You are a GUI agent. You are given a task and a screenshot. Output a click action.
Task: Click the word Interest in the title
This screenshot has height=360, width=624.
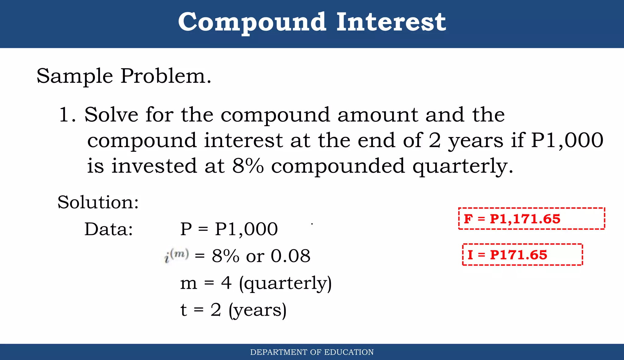(x=391, y=22)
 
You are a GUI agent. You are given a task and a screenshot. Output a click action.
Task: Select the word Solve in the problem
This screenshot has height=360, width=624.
(x=111, y=115)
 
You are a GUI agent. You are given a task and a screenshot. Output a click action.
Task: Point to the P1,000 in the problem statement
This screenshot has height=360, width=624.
(x=567, y=140)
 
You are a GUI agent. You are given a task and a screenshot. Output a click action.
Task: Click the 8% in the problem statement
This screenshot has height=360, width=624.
(x=248, y=166)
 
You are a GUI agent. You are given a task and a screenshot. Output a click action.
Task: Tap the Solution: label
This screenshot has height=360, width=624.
(x=98, y=202)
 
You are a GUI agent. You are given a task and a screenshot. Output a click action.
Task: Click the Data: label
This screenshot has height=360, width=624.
(x=108, y=229)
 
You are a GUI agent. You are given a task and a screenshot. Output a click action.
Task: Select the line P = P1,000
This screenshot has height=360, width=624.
(x=229, y=229)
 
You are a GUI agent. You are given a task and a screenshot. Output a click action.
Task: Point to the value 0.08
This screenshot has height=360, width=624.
(x=290, y=256)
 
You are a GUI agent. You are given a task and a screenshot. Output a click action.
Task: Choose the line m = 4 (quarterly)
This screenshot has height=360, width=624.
(x=256, y=283)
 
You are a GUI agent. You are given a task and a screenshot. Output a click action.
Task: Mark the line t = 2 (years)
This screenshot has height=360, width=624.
(x=233, y=310)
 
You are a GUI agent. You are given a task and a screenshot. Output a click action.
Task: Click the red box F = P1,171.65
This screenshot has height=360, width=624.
(x=531, y=219)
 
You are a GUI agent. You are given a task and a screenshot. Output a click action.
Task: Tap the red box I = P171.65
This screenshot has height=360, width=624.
(x=522, y=255)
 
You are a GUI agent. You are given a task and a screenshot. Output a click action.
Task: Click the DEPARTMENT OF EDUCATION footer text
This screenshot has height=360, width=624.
(x=312, y=352)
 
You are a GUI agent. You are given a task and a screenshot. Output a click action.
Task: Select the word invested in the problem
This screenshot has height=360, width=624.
(x=154, y=166)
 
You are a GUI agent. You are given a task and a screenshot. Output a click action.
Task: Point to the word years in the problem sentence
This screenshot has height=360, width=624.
(x=475, y=141)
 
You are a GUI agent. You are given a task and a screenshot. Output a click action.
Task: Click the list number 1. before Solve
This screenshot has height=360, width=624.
(x=67, y=115)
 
